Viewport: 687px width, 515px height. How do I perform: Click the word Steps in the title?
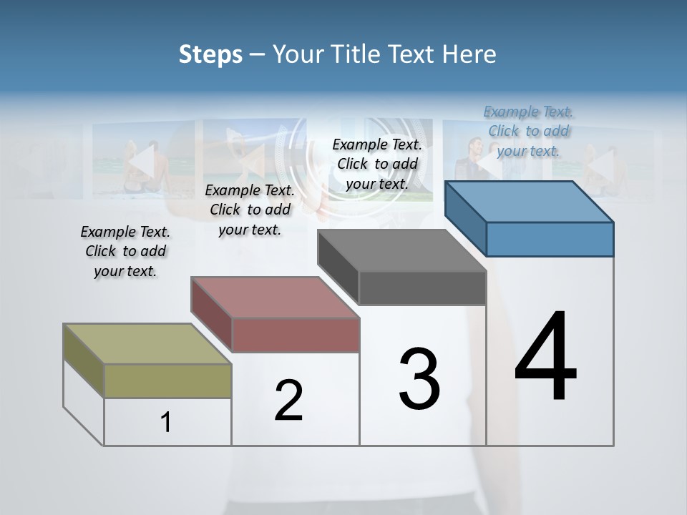[x=210, y=54]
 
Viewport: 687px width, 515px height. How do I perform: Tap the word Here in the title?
[x=469, y=54]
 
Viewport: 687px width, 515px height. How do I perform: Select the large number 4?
[x=546, y=358]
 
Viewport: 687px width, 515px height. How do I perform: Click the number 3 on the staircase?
[x=419, y=379]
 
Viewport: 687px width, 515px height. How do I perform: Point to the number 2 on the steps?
[x=289, y=401]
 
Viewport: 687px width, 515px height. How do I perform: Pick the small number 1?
[x=166, y=422]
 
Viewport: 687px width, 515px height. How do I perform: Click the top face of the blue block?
[x=528, y=202]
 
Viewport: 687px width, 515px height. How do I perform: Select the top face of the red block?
[x=274, y=298]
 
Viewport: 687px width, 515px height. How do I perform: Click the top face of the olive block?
[x=147, y=344]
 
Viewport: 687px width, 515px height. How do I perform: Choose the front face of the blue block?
[x=550, y=239]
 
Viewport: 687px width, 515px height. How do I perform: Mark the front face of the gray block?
[x=422, y=288]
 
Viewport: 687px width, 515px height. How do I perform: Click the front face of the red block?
[x=295, y=335]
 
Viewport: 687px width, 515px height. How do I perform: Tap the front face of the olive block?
[x=167, y=381]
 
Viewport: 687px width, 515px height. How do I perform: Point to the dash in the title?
[x=257, y=54]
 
